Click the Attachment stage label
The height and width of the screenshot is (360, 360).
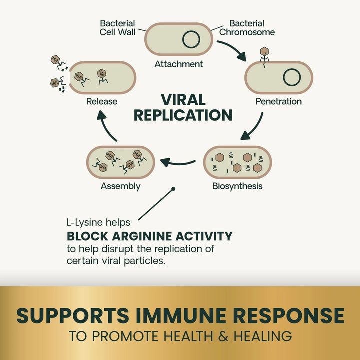pyautogui.click(x=179, y=64)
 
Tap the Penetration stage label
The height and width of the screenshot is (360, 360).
pyautogui.click(x=278, y=102)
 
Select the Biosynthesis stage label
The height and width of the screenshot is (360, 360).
pyautogui.click(x=237, y=187)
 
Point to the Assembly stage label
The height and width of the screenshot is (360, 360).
pyautogui.click(x=120, y=187)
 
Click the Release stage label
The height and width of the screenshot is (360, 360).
pyautogui.click(x=102, y=102)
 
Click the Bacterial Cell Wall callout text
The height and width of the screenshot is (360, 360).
pyautogui.click(x=118, y=28)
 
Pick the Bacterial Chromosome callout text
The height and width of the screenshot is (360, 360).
pyautogui.click(x=252, y=28)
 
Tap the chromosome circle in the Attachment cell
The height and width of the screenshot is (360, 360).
pyautogui.click(x=191, y=39)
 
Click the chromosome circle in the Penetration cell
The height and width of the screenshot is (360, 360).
pyautogui.click(x=292, y=78)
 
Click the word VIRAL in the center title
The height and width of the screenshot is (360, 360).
pyautogui.click(x=183, y=100)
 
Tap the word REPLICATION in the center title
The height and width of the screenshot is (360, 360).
pyautogui.click(x=183, y=115)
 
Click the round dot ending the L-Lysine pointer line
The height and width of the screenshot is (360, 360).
pyautogui.click(x=173, y=189)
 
